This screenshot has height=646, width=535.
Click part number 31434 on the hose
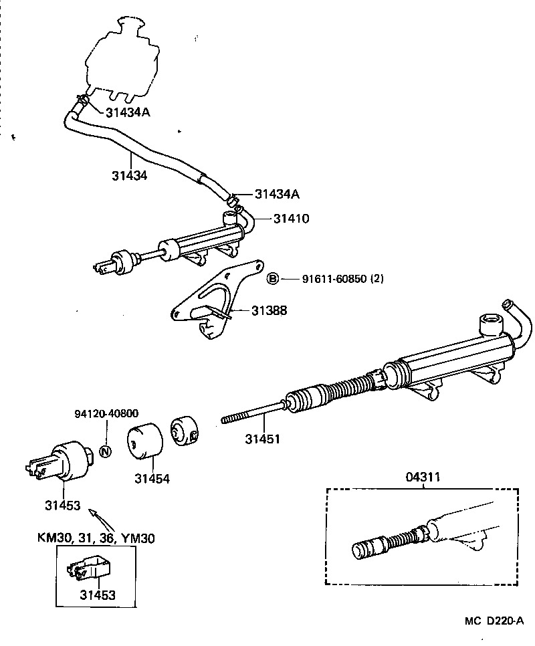click(x=130, y=175)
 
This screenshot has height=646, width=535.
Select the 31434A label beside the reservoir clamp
click(x=128, y=112)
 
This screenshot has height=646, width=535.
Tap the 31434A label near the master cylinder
click(x=277, y=195)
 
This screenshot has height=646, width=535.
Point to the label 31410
click(x=291, y=218)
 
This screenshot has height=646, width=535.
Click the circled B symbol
click(x=272, y=279)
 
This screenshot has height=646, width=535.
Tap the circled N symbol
click(x=105, y=451)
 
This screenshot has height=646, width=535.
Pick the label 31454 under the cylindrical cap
click(x=152, y=479)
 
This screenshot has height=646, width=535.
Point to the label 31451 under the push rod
click(x=261, y=439)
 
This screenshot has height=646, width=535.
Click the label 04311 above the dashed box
click(x=424, y=477)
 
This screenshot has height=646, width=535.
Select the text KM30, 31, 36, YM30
click(x=96, y=537)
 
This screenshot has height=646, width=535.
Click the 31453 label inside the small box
click(x=98, y=595)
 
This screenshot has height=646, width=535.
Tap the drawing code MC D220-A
click(x=494, y=621)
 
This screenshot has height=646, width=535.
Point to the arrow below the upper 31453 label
click(x=98, y=519)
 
